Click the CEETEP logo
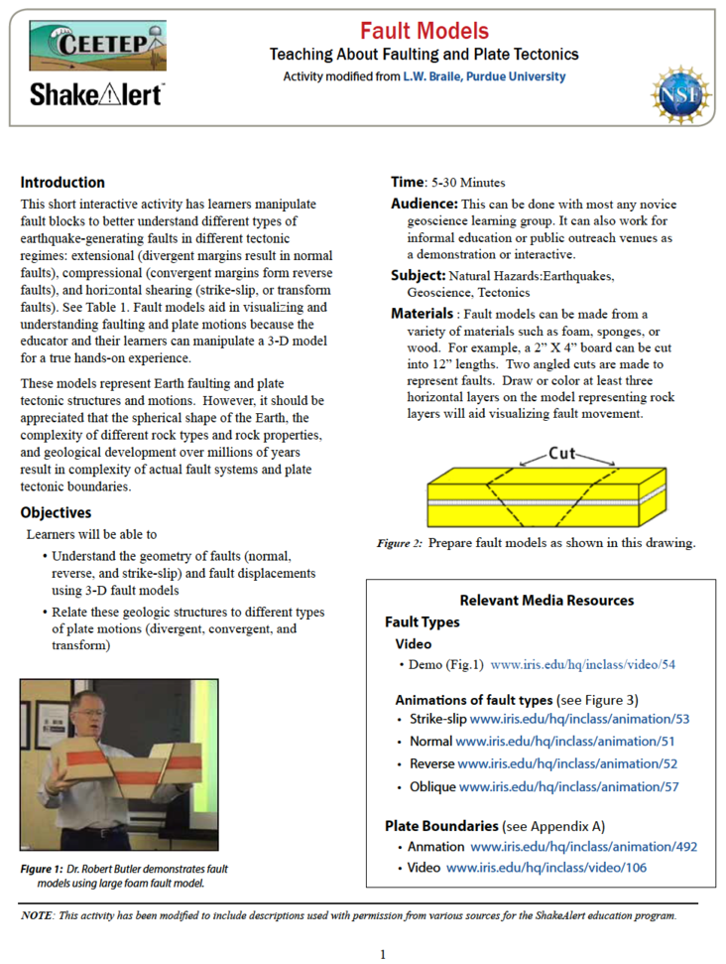(97, 46)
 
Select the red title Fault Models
(423, 31)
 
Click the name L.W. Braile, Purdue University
(484, 76)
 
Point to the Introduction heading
(62, 183)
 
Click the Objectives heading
(56, 513)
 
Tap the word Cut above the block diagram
(562, 454)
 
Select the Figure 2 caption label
(400, 543)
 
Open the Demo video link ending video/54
(582, 664)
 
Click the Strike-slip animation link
(579, 718)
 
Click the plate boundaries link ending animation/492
(583, 847)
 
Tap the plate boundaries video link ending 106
(545, 868)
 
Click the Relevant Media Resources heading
(546, 600)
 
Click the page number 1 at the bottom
(383, 954)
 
